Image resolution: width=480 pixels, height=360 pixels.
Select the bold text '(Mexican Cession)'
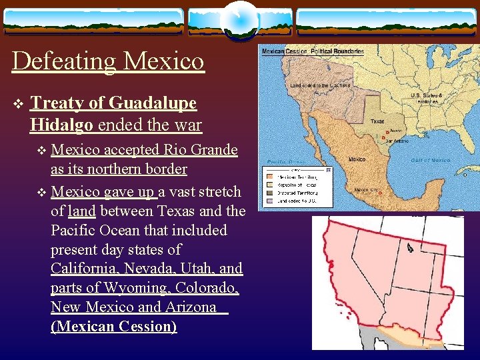[113, 327]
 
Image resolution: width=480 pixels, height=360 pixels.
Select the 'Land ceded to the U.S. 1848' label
[320, 85]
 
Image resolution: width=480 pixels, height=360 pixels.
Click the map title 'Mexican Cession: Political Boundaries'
[313, 51]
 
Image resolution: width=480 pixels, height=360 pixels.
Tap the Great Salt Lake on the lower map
[408, 248]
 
